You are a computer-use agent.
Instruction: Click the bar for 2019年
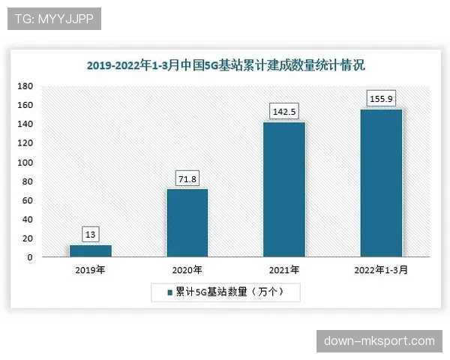(90, 251)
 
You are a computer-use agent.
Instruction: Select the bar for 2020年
(187, 223)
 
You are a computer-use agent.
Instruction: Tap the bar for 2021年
(283, 190)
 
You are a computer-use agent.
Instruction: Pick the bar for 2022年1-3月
(381, 183)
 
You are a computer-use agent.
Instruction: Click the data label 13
(90, 235)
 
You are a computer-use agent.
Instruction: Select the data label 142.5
(283, 112)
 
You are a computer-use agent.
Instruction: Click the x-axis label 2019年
(90, 270)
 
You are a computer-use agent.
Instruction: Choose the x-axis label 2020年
(187, 270)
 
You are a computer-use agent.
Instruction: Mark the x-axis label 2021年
(283, 270)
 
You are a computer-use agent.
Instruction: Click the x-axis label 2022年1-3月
(381, 270)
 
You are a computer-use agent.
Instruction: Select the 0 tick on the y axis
(30, 257)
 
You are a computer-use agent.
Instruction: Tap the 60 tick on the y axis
(27, 201)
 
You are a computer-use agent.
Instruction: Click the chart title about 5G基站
(225, 66)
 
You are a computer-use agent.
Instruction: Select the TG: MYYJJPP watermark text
(53, 19)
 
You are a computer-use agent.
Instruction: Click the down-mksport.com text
(379, 341)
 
